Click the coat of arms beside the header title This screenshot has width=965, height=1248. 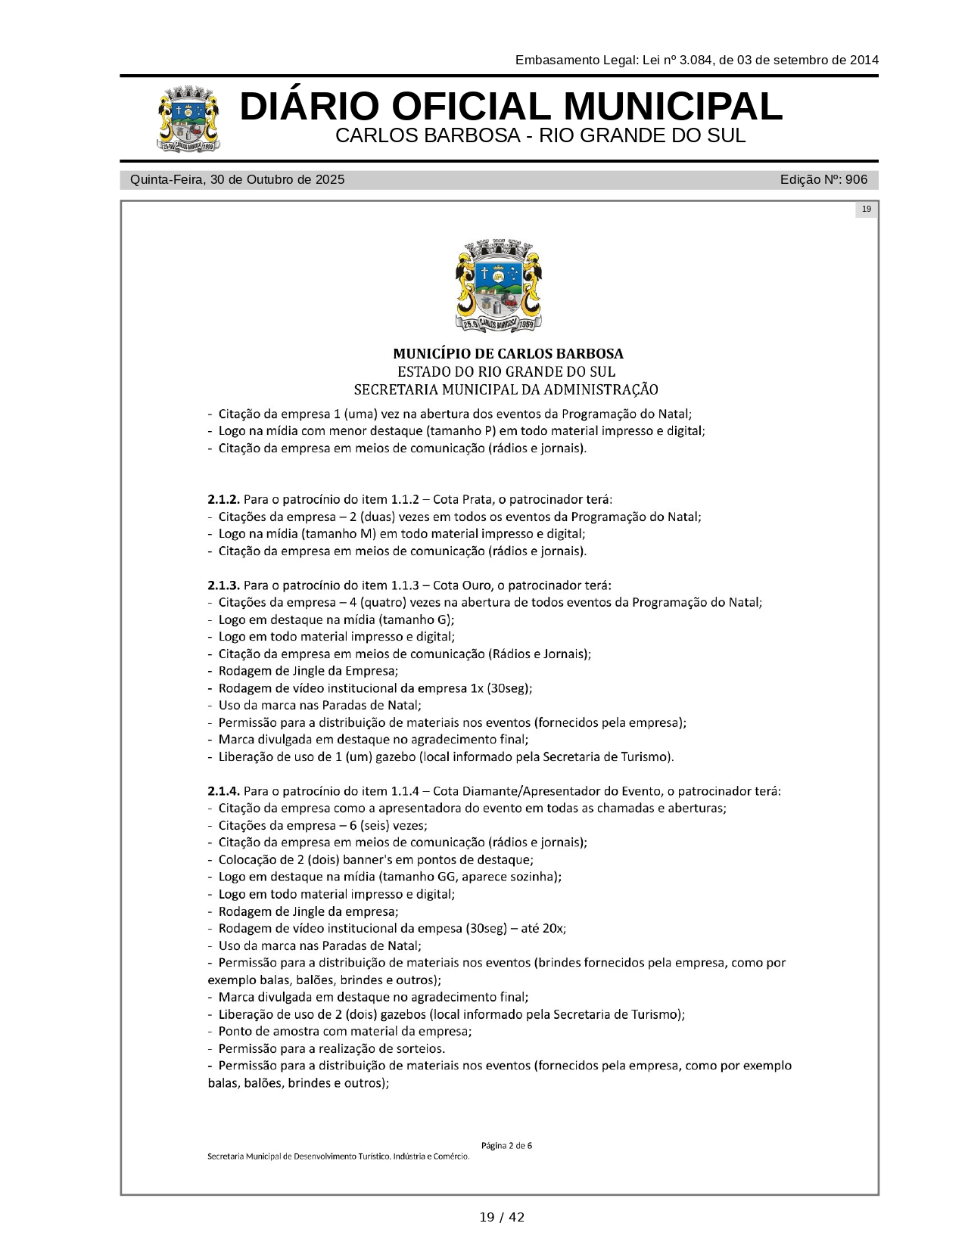[189, 120]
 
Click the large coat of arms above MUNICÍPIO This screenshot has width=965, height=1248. [500, 286]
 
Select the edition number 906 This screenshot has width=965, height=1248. [856, 180]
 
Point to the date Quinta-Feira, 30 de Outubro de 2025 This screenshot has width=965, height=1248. [237, 180]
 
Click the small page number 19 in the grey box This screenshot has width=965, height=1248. [866, 210]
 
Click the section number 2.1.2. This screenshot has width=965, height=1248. [223, 500]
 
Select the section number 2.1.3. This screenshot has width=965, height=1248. [223, 585]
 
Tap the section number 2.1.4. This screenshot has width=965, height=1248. [223, 791]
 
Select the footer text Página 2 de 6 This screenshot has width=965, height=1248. [506, 1145]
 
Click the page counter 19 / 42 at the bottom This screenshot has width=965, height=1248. [502, 1217]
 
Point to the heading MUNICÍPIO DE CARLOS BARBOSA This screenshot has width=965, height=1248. [508, 354]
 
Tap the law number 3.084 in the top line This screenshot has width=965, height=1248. [696, 61]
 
